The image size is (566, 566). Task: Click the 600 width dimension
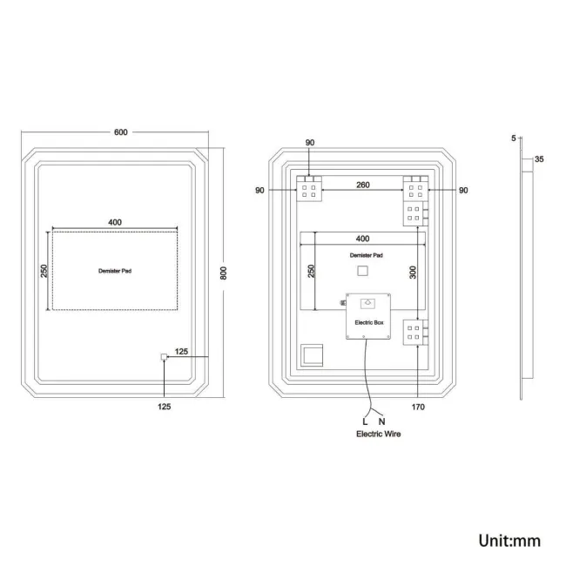pos(120,132)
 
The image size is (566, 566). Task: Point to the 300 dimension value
pos(414,272)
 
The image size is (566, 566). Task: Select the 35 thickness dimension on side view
pos(539,159)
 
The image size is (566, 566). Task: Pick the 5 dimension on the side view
pos(514,138)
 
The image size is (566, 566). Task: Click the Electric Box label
pos(369,322)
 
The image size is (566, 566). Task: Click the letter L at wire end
pos(365,421)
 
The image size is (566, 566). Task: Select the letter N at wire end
pos(381,421)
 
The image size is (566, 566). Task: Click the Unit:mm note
pos(509,541)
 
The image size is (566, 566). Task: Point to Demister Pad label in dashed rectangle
pos(115,271)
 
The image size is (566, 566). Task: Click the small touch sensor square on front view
pos(164,357)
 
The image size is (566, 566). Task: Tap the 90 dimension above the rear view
pos(310,143)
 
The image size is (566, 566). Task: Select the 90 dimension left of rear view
pos(260,190)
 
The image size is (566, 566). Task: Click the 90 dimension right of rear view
pos(463,190)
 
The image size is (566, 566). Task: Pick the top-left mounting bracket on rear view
pos(310,189)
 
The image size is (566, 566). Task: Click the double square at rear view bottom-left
pos(311,356)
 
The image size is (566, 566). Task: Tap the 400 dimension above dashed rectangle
pos(115,222)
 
